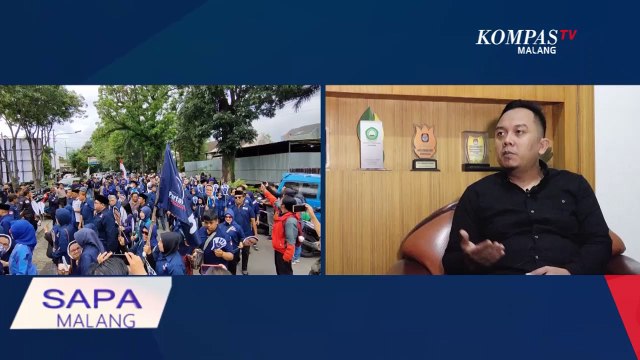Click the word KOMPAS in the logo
pos(516,37)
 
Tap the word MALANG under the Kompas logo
pos(537,50)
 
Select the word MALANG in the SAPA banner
pos(91,321)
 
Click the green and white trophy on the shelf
pos(371,139)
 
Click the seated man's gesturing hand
pos(483,248)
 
